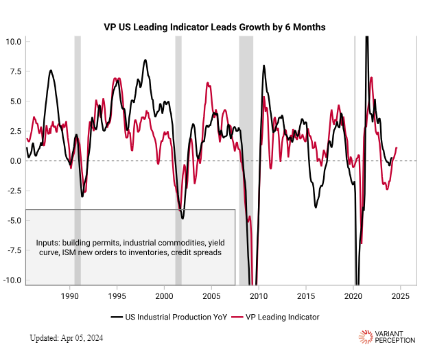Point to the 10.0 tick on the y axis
14,41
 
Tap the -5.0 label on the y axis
14,221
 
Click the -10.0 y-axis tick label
12,280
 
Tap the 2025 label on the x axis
400,296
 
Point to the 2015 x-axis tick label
306,296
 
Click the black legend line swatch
116,317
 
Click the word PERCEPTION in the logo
397,340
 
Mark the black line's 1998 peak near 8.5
145,60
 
